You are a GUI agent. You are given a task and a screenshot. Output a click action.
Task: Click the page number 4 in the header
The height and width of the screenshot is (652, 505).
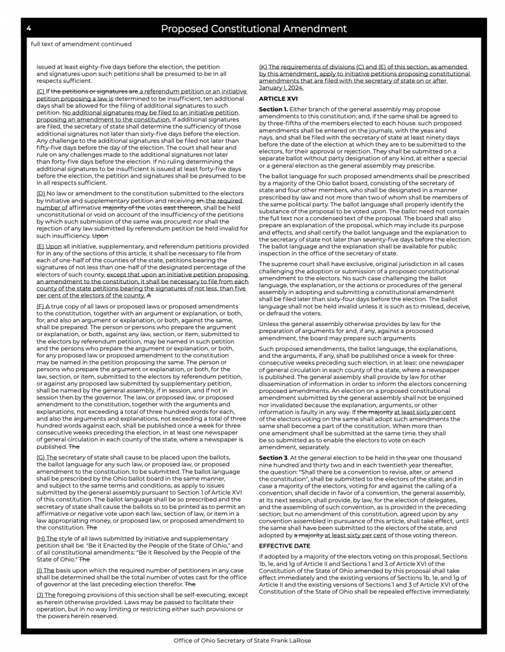click(29, 29)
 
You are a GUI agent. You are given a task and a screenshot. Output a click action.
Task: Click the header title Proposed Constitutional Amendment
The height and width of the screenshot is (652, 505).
click(253, 29)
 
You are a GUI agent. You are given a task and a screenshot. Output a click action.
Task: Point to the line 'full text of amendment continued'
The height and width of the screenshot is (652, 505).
click(81, 45)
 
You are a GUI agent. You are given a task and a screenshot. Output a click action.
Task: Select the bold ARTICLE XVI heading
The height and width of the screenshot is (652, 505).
click(278, 99)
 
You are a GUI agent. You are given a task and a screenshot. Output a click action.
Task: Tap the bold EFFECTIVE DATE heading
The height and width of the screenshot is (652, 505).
click(284, 546)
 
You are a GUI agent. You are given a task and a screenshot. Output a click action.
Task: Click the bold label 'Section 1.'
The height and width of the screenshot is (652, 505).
click(273, 110)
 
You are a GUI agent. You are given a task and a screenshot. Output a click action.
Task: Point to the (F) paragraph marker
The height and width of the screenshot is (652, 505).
click(41, 306)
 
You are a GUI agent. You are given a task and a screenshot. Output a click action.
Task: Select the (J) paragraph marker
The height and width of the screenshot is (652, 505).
click(41, 594)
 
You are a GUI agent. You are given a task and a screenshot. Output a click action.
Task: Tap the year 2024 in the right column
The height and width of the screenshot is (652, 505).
click(295, 88)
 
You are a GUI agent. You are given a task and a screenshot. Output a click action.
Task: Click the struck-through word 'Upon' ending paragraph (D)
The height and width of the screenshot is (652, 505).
click(101, 236)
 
